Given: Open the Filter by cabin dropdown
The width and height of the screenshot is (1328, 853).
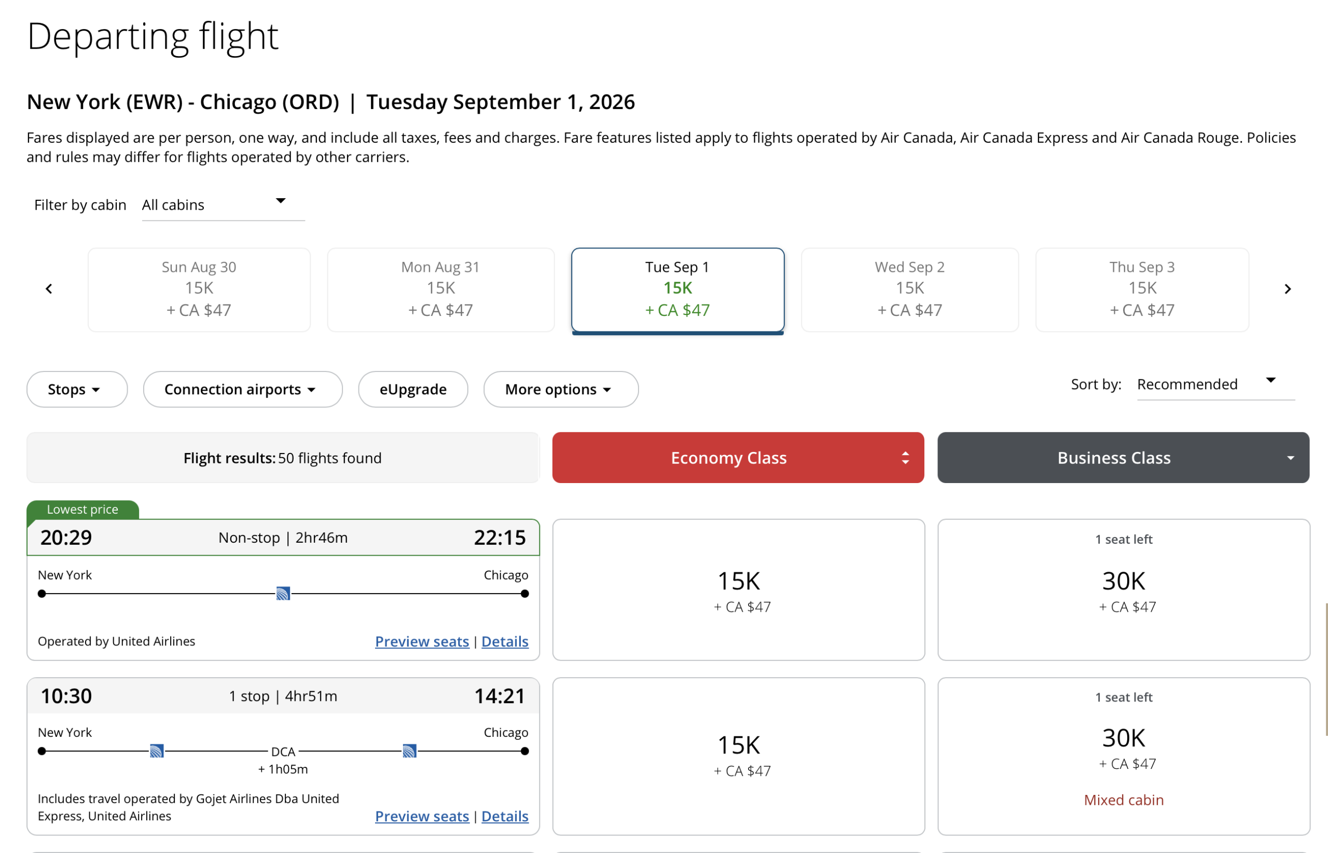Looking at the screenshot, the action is (x=223, y=205).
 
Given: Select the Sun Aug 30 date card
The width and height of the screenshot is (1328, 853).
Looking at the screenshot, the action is (x=199, y=290).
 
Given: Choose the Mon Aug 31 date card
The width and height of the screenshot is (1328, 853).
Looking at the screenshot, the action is (x=440, y=290).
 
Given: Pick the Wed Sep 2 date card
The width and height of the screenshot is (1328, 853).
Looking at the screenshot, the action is (x=909, y=290).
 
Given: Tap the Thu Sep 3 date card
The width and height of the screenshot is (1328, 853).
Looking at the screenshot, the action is (x=1142, y=290).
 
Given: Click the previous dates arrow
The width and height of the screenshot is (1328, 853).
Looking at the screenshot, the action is (x=49, y=289).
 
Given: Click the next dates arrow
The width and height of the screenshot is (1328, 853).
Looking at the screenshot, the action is (x=1288, y=289).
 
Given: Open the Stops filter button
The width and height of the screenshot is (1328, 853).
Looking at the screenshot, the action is (x=77, y=389).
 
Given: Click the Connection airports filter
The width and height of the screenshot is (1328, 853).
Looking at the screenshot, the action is (x=243, y=389).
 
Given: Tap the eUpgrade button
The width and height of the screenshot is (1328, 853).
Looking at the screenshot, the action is (x=413, y=389).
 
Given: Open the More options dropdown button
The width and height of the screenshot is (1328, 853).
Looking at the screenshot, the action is (x=560, y=389).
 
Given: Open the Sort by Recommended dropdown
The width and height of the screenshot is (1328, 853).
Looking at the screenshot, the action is (x=1215, y=384).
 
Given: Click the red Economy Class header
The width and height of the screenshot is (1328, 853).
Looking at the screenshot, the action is (x=738, y=458).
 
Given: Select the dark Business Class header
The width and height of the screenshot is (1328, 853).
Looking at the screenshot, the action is (x=1123, y=458).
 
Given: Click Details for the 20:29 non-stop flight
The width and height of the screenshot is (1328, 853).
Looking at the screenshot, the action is (x=505, y=641).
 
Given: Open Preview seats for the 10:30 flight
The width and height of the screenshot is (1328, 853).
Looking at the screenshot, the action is (x=422, y=817).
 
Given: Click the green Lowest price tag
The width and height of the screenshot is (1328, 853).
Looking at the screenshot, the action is (x=83, y=510).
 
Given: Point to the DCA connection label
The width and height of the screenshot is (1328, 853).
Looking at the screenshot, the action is (x=283, y=752).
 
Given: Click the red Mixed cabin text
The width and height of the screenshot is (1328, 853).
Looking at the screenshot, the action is (x=1124, y=800).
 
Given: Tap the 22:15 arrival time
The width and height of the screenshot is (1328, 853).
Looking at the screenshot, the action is (x=500, y=538).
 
